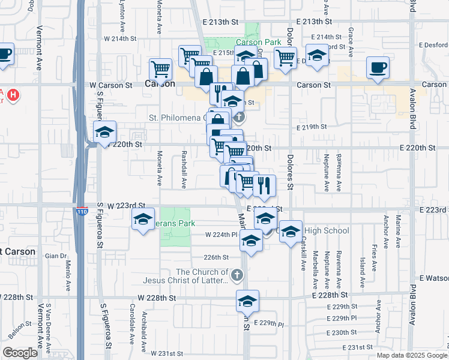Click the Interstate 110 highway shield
tap(82, 212)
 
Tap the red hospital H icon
tap(14, 95)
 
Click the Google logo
tap(20, 353)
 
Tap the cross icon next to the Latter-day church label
tap(237, 275)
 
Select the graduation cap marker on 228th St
tap(247, 301)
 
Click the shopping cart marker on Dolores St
tap(285, 58)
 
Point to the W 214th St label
tap(120, 38)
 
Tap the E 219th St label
tap(312, 127)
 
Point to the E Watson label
tap(433, 278)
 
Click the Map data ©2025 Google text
tap(411, 355)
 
